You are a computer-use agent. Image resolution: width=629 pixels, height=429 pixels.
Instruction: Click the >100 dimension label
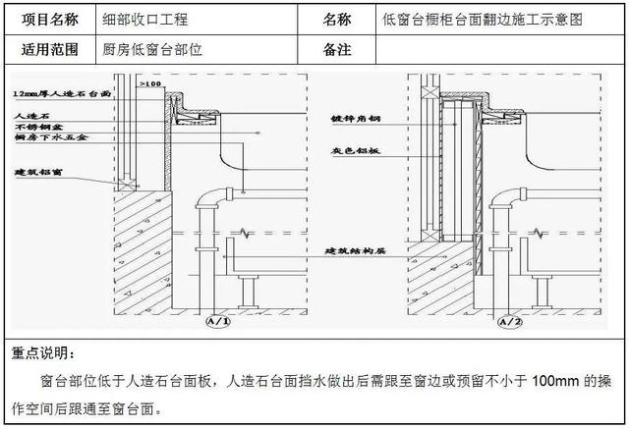[x=151, y=85]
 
